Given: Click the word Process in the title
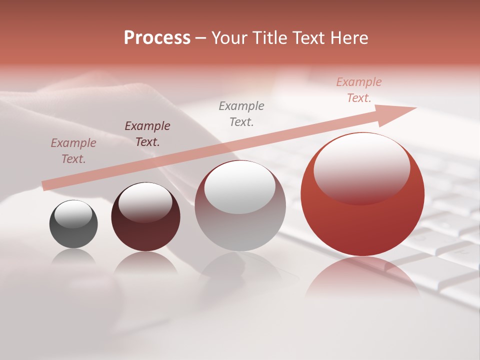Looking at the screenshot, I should click(157, 38).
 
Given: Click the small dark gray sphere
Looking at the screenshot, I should click(73, 232).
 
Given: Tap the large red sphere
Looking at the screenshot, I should click(362, 220).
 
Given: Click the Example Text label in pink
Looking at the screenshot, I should click(358, 90).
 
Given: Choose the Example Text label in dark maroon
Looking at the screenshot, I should click(147, 133).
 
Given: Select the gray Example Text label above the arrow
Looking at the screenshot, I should click(241, 113).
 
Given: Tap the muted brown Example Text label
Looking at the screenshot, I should click(73, 150).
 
